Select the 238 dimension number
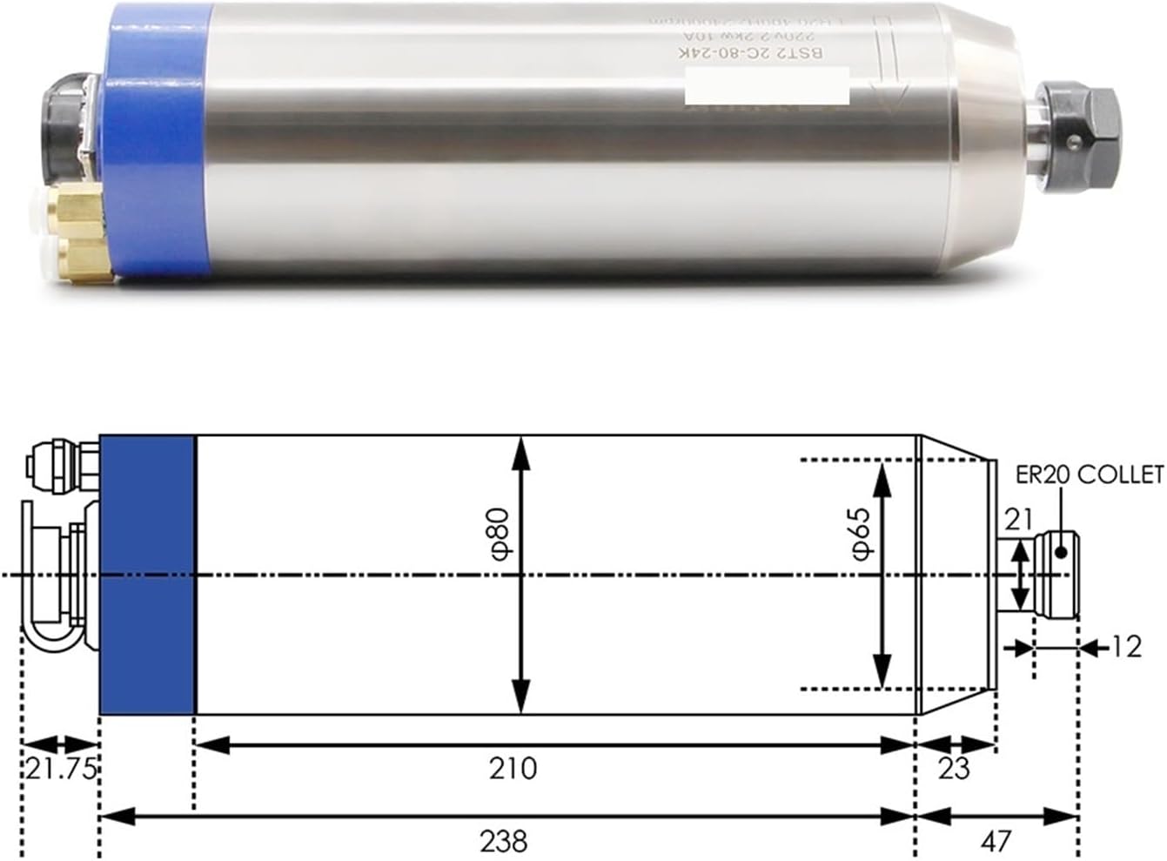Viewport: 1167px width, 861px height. tap(504, 842)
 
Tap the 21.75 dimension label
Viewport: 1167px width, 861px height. tap(60, 770)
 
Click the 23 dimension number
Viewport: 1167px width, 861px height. tap(954, 770)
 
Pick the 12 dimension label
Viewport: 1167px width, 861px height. tap(1126, 648)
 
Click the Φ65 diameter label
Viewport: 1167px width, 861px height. tap(861, 535)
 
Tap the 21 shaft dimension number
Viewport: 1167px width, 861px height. tap(1018, 520)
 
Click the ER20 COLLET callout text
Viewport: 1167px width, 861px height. tap(1090, 475)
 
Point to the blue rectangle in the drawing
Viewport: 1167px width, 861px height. tap(147, 575)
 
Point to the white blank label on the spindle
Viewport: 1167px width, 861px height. tap(766, 90)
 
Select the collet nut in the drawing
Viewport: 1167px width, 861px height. tap(1056, 575)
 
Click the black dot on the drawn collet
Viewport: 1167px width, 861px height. tap(1060, 551)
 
